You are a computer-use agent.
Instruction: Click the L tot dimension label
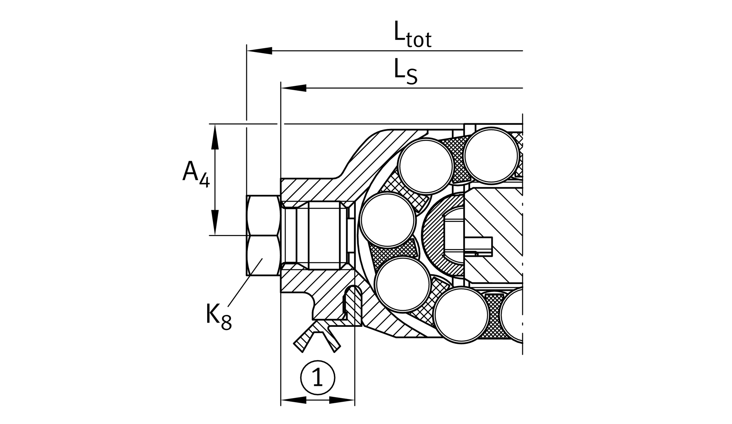(413, 35)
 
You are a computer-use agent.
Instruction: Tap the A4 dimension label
(196, 173)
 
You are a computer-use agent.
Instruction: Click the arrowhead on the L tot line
(260, 51)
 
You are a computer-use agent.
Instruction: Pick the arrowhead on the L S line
(294, 88)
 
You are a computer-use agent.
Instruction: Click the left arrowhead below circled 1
(294, 400)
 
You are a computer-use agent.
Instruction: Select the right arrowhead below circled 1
(342, 400)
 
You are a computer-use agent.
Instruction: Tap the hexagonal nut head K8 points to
(264, 235)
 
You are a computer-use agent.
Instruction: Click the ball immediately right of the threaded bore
(388, 220)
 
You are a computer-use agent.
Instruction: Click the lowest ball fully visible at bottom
(461, 316)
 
